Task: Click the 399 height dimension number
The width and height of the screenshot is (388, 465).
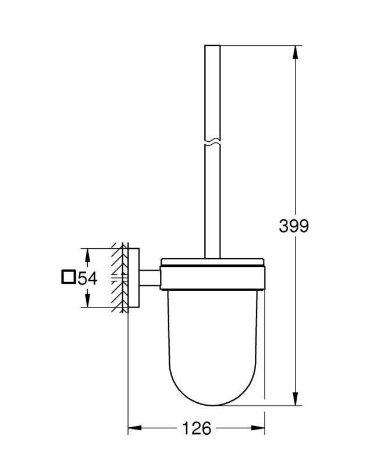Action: click(x=294, y=226)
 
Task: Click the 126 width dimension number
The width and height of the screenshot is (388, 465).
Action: click(x=196, y=428)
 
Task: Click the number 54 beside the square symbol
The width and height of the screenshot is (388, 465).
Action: click(x=87, y=278)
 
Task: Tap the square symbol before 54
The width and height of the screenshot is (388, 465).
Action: click(x=68, y=277)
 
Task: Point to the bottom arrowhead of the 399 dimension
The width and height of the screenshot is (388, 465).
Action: click(x=295, y=398)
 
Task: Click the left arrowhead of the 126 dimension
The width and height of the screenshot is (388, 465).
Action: click(x=135, y=428)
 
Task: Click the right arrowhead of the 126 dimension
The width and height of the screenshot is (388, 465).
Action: click(x=258, y=428)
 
